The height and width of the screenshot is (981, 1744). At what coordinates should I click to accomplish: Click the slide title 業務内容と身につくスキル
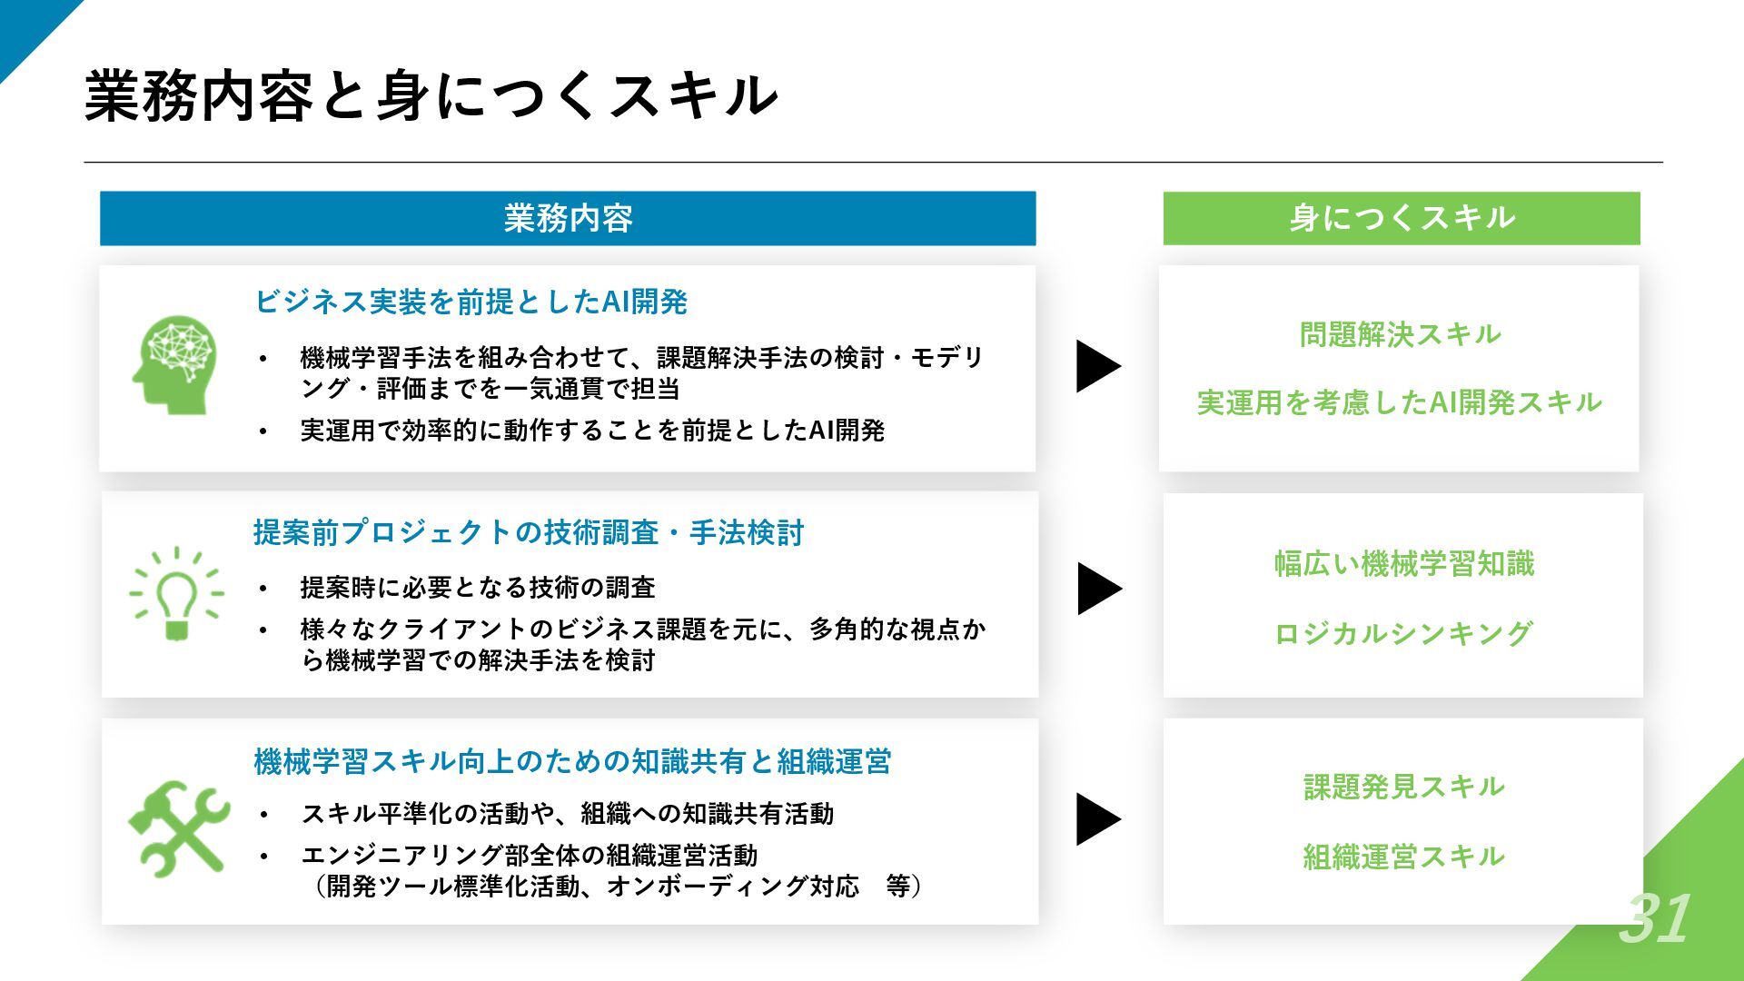(431, 95)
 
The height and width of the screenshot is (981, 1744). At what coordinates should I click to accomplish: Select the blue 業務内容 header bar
(568, 218)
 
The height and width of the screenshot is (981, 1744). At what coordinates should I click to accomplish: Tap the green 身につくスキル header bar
(1402, 218)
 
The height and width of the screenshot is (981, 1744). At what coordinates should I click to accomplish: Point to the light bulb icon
(176, 593)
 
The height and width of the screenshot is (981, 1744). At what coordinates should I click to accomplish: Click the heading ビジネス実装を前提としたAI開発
(471, 302)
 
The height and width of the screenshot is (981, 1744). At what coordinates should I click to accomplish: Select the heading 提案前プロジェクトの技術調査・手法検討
(529, 532)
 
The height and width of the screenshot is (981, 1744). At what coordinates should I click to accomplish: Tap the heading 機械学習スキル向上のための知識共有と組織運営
(572, 761)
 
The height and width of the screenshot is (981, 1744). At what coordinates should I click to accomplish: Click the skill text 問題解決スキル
(1400, 334)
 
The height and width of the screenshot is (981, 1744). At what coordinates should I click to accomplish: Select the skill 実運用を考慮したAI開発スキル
(1399, 402)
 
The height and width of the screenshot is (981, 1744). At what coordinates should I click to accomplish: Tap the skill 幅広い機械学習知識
(1403, 564)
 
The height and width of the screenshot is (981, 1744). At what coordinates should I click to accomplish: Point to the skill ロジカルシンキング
(1403, 633)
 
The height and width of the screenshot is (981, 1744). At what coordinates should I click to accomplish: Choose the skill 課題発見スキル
(1403, 787)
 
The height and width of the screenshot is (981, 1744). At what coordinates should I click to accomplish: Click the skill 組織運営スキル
(1403, 856)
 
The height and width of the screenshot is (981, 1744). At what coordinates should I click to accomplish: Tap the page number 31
(1654, 918)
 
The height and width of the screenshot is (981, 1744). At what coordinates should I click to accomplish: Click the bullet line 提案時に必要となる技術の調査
(478, 588)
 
